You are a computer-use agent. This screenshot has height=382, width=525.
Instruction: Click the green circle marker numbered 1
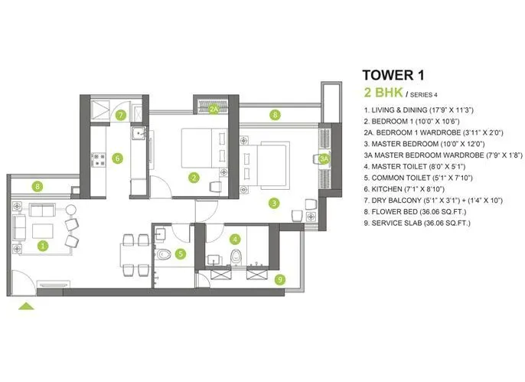[x=43, y=247]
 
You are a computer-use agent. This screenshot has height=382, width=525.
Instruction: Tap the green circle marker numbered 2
[x=194, y=178]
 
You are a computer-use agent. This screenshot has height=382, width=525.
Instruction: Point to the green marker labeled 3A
[x=324, y=159]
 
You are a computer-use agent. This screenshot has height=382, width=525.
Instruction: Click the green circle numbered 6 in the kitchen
[x=117, y=159]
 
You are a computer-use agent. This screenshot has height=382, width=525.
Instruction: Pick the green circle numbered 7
[x=121, y=116]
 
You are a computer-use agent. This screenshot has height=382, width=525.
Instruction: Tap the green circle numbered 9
[x=280, y=280]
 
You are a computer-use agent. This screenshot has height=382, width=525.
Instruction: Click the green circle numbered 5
[x=181, y=254]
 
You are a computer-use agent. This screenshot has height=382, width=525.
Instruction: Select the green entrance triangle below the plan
[x=26, y=306]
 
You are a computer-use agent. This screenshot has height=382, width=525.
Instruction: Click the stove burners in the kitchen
[x=99, y=160]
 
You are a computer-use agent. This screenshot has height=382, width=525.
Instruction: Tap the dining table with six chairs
[x=135, y=254]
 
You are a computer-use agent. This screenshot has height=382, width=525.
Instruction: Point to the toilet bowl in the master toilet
[x=236, y=256]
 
